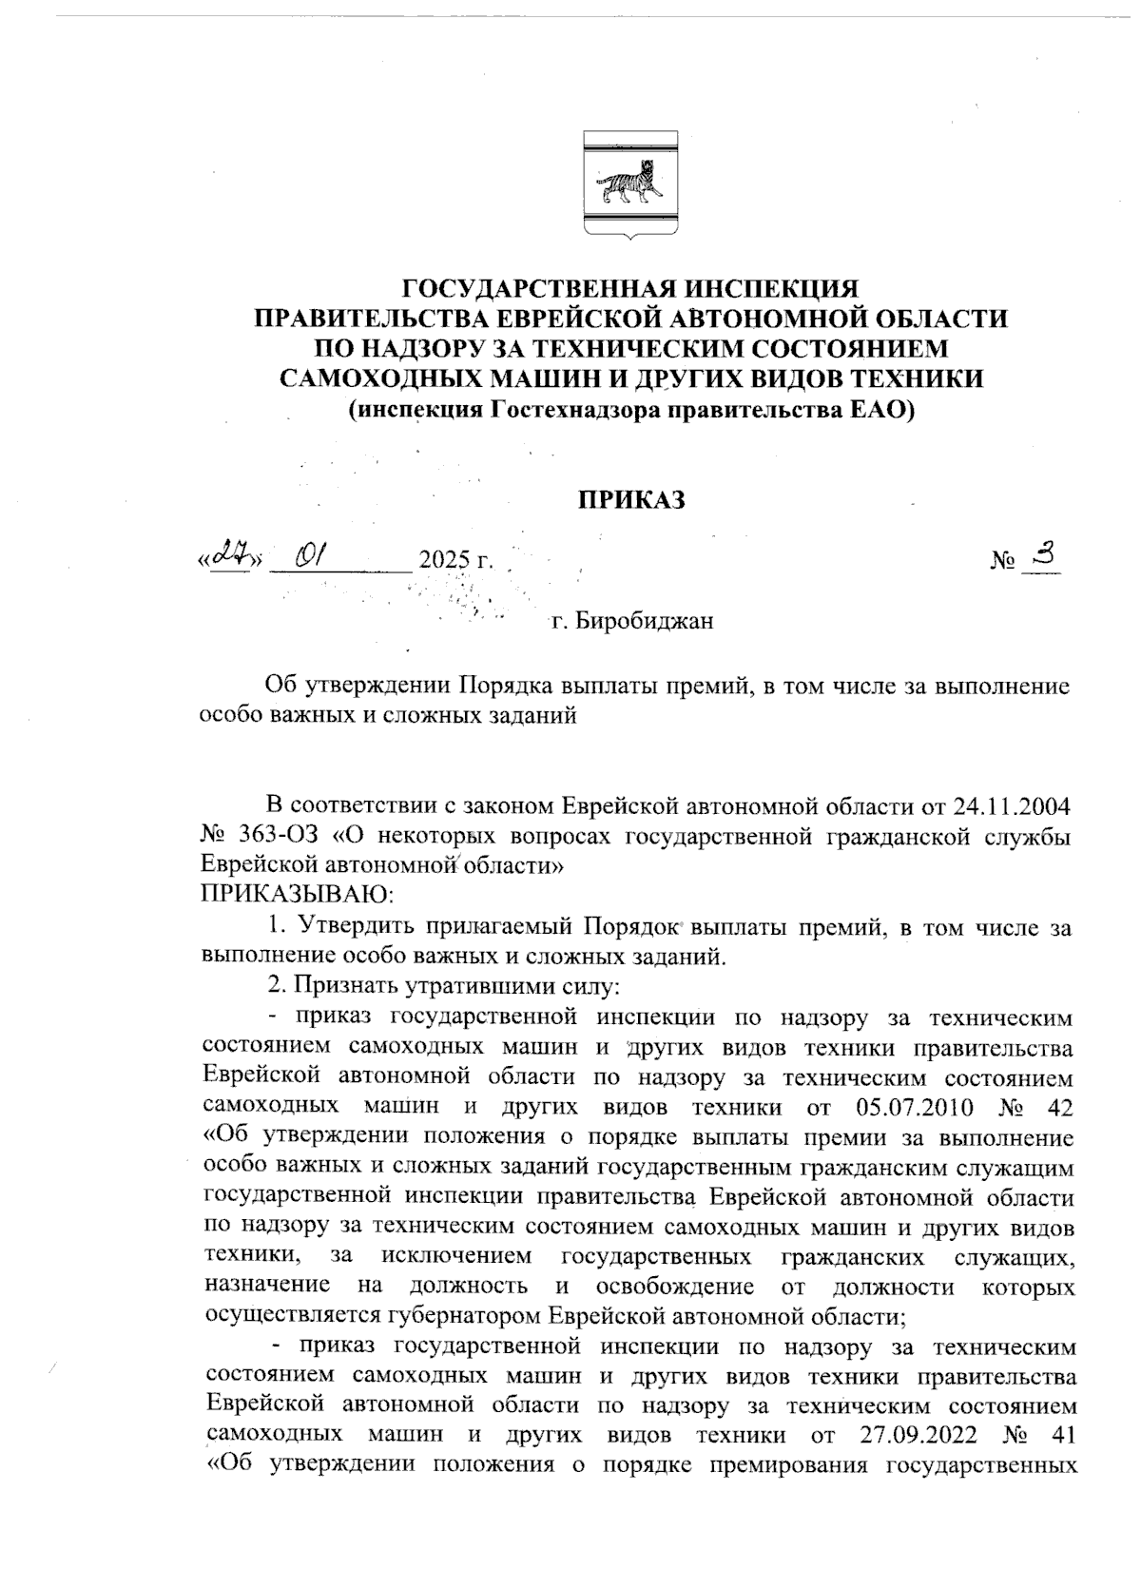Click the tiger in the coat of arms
click(629, 184)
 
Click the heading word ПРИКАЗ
click(632, 501)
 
